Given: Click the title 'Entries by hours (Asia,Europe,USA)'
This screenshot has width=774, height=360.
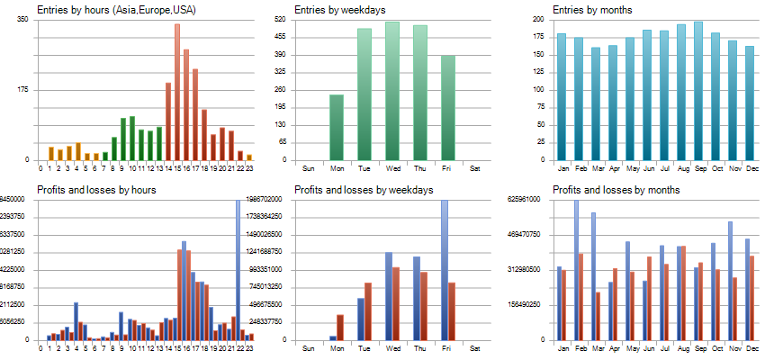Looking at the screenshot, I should coord(116,10).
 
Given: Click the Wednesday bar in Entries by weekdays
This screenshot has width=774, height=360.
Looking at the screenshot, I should coord(392,91).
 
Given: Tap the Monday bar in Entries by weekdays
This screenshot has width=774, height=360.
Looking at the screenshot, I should coord(336,127).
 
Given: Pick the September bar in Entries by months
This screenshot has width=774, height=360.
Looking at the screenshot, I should coord(698,91).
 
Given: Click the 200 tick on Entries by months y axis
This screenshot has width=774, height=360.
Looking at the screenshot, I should coord(538,19).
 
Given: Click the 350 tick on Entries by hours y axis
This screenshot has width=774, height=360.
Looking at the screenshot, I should coord(22,19).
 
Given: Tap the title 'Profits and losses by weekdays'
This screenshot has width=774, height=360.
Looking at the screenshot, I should coord(364,190).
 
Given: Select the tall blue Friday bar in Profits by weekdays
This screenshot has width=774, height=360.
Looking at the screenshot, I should coord(444,270).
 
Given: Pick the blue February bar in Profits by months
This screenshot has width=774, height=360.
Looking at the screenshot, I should coord(576,270).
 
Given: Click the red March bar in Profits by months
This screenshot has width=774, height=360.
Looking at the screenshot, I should coord(598,316).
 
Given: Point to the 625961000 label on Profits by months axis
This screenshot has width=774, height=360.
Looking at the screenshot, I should coord(522,200).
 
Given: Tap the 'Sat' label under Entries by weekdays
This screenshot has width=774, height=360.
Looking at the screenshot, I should coord(475,168).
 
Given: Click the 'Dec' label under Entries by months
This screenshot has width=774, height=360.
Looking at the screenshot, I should coord(750,168).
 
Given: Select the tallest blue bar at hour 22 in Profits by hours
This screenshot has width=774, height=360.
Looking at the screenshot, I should coord(238,270).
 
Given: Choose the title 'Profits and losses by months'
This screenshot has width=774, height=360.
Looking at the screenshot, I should coord(616,190).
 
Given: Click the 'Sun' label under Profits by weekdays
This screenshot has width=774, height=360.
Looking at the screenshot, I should coord(308,347).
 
